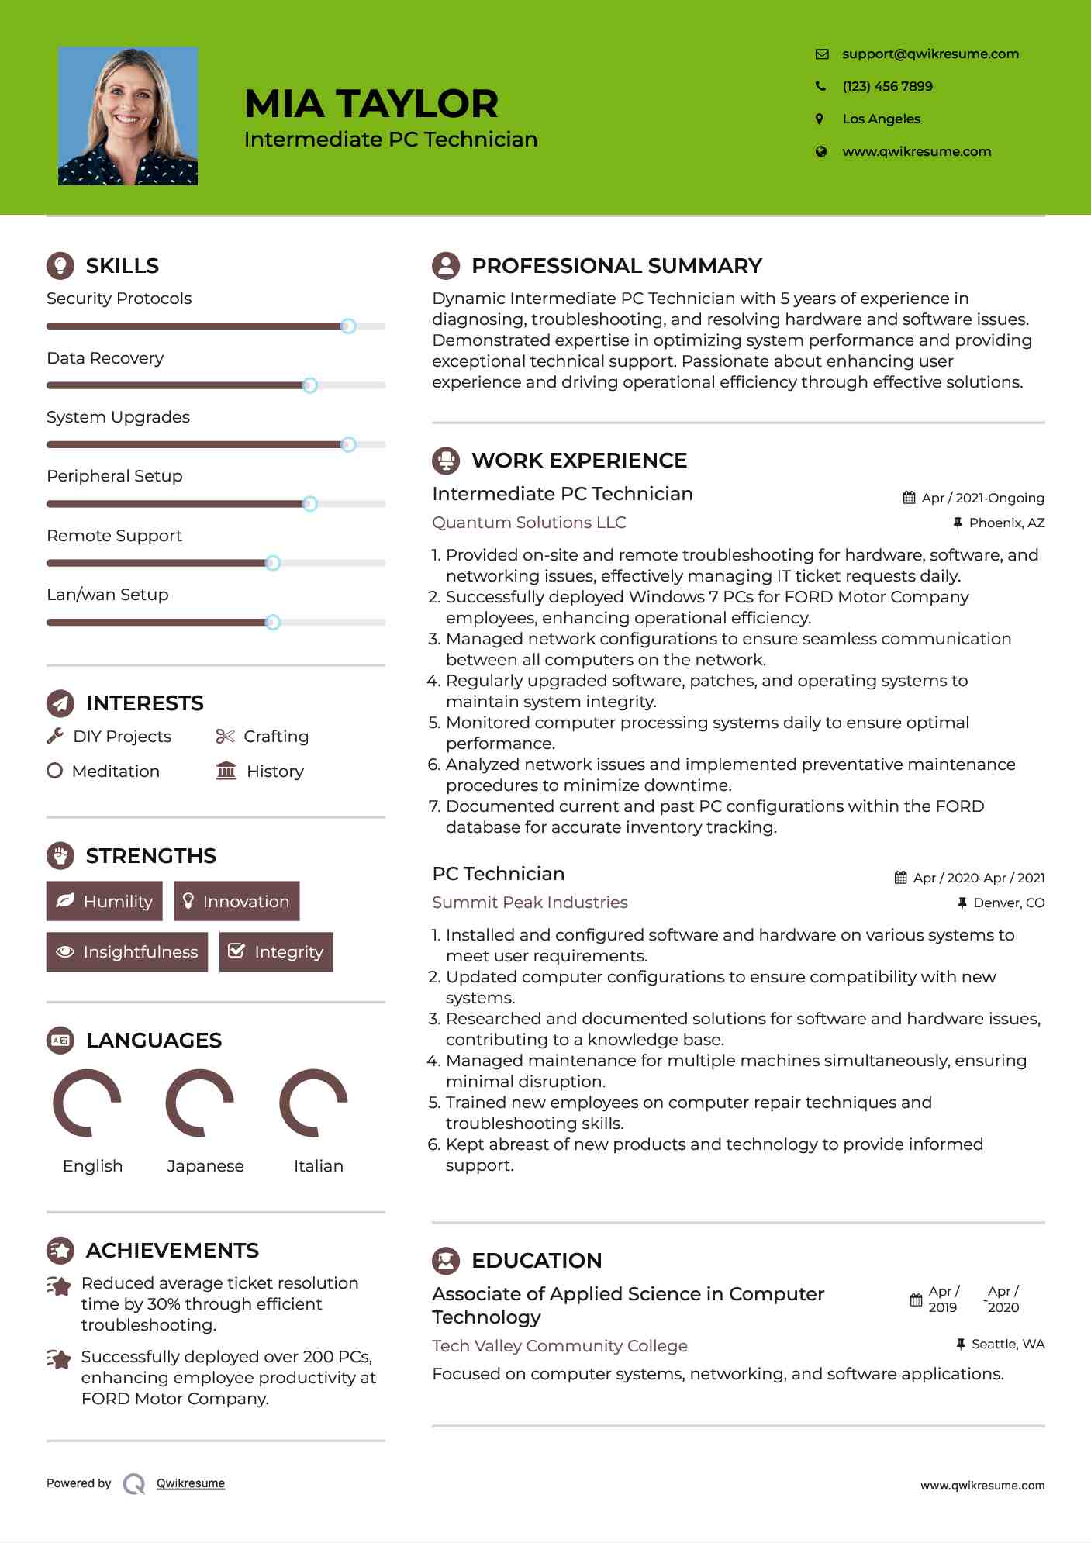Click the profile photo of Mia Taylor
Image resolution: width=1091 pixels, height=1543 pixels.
(128, 116)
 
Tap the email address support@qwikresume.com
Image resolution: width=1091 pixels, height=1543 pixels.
(930, 54)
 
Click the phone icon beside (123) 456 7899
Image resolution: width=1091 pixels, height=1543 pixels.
(820, 86)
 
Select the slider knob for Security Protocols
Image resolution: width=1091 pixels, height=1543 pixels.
(348, 326)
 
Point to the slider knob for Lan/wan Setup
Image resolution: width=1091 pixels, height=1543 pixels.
(273, 622)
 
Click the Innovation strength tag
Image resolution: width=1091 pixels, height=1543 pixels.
(236, 901)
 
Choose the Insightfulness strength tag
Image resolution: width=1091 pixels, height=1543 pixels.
(127, 952)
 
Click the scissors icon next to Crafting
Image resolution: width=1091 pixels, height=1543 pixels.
(225, 736)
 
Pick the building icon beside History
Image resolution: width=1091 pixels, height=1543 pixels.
(226, 771)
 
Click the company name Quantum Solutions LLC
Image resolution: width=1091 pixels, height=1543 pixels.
(529, 523)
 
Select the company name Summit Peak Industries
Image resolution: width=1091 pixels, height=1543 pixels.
(530, 903)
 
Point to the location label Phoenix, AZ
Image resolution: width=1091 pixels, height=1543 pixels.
(1006, 523)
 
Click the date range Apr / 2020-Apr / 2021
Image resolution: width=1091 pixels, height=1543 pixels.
(979, 878)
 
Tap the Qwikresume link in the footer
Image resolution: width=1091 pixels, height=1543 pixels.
(191, 1483)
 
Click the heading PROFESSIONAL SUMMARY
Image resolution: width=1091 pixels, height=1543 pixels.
(616, 266)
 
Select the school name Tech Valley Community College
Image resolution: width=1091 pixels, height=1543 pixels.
(559, 1346)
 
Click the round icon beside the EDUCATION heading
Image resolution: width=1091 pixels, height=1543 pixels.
(446, 1261)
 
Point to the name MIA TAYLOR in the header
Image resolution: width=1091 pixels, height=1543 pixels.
(371, 104)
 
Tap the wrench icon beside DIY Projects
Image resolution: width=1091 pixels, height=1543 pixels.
(55, 736)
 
